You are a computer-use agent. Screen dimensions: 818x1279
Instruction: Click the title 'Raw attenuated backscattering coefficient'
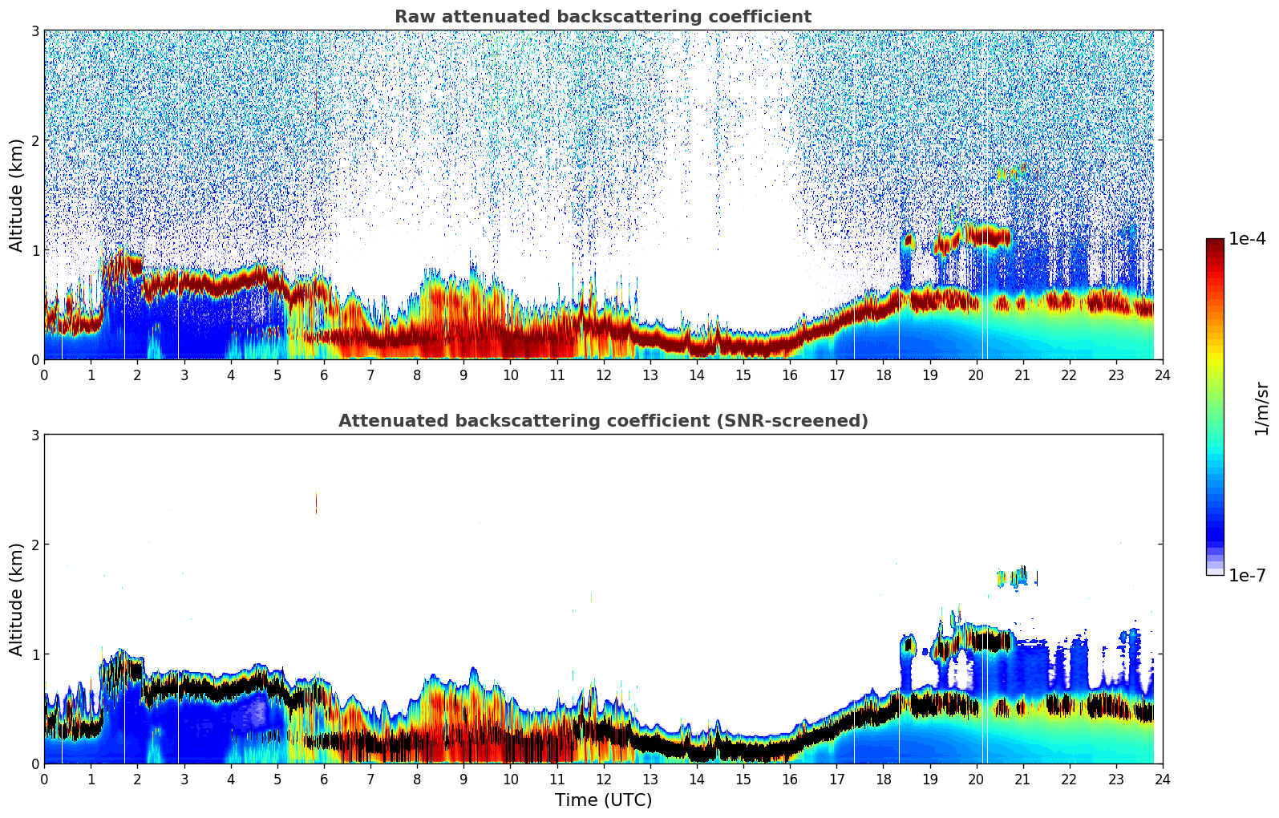602,17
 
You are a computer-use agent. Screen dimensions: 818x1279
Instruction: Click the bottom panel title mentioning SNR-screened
602,421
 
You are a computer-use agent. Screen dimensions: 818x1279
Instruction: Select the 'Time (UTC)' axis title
603,800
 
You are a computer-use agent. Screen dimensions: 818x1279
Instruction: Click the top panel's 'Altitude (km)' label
16,195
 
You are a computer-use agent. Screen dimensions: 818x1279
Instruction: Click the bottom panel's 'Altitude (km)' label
16,599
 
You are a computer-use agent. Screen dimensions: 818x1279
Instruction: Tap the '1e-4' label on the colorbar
1247,239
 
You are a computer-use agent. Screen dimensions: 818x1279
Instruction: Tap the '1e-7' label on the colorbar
1247,575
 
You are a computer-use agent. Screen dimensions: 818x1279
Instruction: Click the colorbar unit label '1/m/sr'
1261,408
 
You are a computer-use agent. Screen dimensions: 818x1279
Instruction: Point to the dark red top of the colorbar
1215,242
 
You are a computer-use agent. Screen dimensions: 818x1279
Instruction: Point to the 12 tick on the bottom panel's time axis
603,780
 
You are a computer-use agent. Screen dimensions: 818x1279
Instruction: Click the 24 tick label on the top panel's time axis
1162,375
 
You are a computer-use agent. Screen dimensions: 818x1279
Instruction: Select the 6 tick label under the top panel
324,375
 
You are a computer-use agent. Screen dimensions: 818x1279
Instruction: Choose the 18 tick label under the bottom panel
883,780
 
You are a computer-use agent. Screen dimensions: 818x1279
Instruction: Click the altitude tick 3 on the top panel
34,31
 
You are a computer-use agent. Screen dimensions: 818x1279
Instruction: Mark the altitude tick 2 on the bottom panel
34,545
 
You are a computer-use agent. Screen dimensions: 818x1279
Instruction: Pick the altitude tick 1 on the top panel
34,250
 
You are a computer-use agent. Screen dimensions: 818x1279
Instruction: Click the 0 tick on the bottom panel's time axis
44,780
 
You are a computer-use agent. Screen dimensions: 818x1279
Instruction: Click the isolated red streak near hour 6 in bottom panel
316,503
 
